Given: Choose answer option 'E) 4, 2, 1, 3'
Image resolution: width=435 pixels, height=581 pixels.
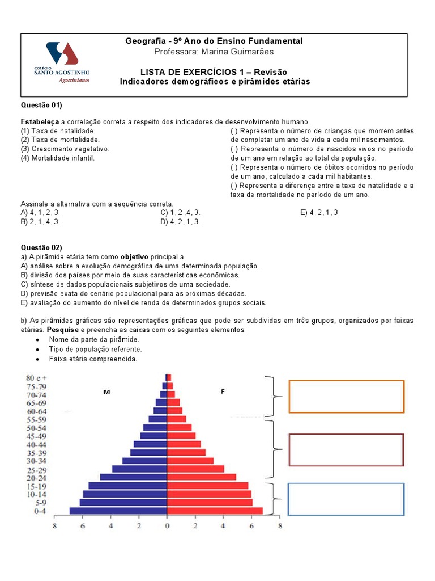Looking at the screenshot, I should click(x=319, y=213).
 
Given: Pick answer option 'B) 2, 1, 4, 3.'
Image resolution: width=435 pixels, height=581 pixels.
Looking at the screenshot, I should click(x=40, y=222).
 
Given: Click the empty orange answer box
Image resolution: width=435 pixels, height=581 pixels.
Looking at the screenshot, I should click(x=346, y=396).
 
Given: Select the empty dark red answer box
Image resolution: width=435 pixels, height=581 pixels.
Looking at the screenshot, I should click(x=346, y=449).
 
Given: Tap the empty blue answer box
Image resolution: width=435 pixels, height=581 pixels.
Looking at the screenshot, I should click(x=346, y=499).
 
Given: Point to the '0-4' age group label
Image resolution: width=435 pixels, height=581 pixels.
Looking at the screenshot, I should click(x=40, y=511).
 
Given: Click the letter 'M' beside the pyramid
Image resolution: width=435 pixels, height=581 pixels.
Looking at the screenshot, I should click(x=106, y=392).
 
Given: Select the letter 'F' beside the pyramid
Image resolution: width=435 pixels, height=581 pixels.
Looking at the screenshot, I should click(x=223, y=392).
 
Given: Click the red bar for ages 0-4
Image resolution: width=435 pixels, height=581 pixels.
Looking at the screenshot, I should click(x=215, y=511).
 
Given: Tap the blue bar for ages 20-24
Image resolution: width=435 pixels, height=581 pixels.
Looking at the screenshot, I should click(x=134, y=477).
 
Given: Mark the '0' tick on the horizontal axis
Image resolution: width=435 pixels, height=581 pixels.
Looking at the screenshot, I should click(x=167, y=526).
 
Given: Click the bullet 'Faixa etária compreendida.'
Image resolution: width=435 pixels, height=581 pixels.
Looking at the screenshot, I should click(x=93, y=359).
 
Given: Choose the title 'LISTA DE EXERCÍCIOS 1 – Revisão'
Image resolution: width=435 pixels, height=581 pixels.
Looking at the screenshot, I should click(x=214, y=72).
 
